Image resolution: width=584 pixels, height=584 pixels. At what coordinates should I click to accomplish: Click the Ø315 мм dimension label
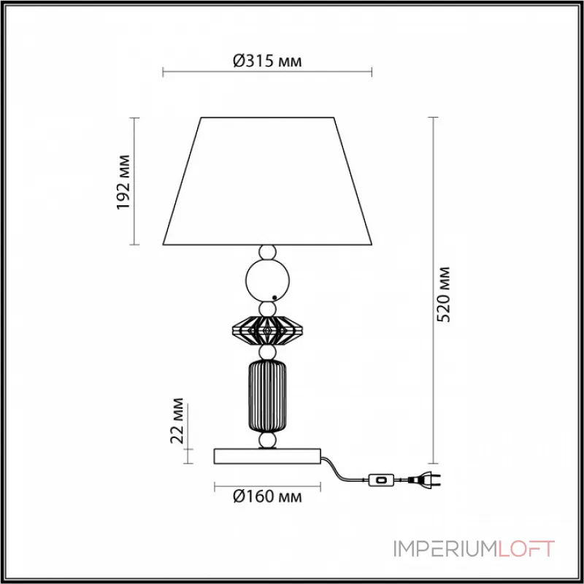(267, 62)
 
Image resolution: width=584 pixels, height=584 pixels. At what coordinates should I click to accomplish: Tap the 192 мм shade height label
(124, 181)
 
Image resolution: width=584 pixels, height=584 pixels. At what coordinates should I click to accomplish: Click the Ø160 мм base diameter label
(267, 497)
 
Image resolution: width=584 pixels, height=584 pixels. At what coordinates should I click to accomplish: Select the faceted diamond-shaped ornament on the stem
(267, 331)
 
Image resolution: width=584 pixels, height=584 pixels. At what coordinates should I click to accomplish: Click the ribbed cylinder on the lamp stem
(267, 394)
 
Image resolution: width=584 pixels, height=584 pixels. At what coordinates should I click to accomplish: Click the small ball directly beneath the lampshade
(268, 253)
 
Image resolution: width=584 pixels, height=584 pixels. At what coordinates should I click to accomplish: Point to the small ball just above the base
(268, 441)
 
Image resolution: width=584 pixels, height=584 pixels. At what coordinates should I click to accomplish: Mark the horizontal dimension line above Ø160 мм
(267, 485)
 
